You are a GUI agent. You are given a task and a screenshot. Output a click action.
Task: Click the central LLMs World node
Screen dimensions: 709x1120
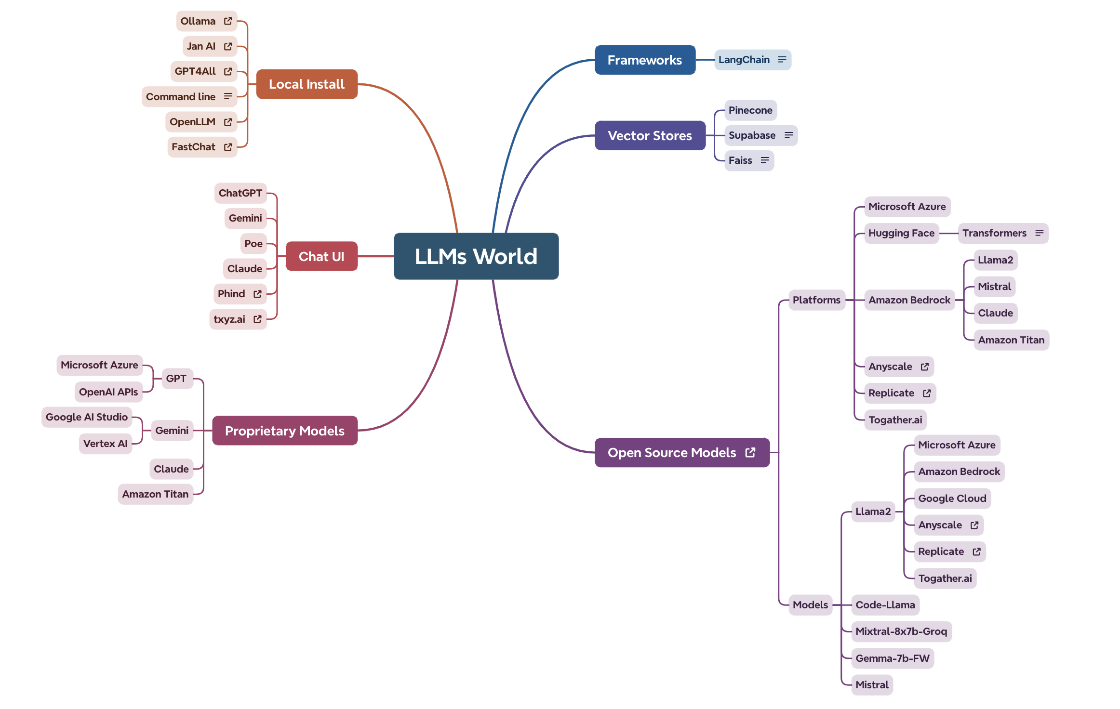tap(476, 256)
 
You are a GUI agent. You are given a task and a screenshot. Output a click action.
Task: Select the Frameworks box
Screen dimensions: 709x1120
tap(644, 60)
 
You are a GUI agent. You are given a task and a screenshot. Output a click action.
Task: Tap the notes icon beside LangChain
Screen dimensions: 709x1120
tap(782, 59)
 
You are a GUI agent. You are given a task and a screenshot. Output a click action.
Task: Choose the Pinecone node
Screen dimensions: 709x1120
tap(750, 110)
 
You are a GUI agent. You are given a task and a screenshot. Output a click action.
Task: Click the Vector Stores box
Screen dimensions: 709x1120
tap(650, 136)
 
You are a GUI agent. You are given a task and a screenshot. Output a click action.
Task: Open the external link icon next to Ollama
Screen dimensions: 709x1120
tap(228, 21)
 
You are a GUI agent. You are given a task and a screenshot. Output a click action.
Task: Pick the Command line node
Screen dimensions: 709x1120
tap(181, 97)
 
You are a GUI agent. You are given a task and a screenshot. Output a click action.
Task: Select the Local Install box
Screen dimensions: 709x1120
tap(307, 84)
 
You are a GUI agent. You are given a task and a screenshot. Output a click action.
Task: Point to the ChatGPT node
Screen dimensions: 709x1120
tap(240, 193)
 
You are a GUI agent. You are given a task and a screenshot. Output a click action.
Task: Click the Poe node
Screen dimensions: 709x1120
tap(253, 244)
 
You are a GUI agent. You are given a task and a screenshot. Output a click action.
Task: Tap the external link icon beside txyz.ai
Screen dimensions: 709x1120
tap(257, 319)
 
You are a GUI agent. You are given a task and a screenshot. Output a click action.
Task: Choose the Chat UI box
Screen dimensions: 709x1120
tap(321, 257)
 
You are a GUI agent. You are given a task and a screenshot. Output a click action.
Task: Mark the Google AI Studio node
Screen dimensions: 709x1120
tap(87, 417)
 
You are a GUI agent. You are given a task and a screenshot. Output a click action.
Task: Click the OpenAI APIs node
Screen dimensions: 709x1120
tap(108, 392)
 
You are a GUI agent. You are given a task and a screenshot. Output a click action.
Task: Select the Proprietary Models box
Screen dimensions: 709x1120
tap(284, 431)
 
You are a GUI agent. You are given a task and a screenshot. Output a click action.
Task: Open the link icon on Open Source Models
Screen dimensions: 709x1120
tap(750, 452)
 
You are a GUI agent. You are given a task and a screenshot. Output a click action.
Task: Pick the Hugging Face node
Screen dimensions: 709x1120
tap(901, 233)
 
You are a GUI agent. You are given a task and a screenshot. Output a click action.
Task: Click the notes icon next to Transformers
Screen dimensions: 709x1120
tap(1039, 233)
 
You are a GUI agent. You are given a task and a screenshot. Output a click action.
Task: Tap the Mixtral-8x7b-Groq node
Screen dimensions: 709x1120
tap(901, 631)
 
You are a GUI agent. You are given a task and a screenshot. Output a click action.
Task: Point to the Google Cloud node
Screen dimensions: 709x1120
tap(952, 499)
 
